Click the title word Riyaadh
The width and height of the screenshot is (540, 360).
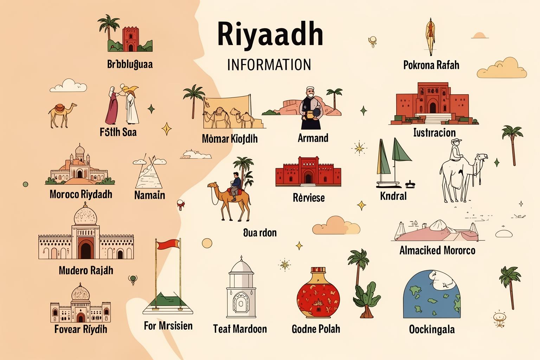pos(270,34)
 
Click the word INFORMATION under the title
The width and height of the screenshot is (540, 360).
pos(269,65)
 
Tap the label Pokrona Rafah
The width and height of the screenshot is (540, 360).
pos(431,65)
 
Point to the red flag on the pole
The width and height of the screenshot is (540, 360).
pos(168,244)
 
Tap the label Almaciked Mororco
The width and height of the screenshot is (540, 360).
pos(437,250)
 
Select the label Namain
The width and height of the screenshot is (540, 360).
pos(149,195)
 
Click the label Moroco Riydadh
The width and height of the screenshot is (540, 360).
pos(81,194)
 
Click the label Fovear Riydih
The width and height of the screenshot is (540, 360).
pos(81,329)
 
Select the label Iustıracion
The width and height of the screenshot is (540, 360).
pos(435,133)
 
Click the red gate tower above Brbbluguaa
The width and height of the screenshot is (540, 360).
pos(131,39)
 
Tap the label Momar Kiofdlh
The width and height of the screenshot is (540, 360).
pos(230,139)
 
